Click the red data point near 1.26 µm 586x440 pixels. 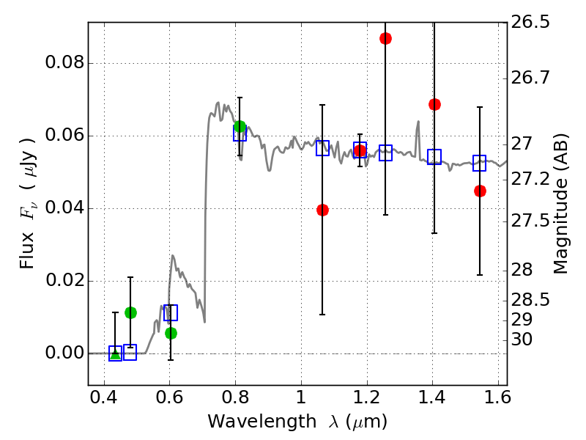coord(385,38)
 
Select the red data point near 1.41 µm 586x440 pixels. coord(434,104)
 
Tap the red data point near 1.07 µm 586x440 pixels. coord(322,210)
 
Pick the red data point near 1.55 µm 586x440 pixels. coord(480,191)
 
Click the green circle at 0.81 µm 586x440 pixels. coord(240,127)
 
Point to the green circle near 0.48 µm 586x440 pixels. coord(130,312)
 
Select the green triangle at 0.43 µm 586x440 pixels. coord(115,354)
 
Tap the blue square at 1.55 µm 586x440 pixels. coord(480,163)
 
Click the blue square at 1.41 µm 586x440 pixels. coord(434,156)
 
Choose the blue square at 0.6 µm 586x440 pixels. coord(171,313)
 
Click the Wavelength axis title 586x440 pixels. coord(297,422)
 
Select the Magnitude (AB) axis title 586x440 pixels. coord(562,204)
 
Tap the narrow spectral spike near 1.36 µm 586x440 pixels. coord(418,122)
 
